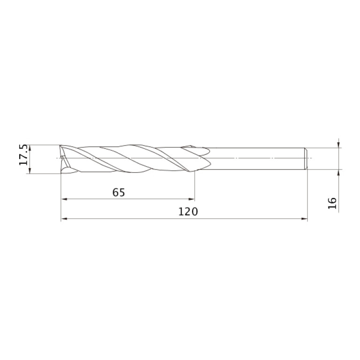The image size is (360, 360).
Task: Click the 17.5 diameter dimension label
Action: click(23, 155)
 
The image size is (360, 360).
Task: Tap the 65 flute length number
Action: click(119, 192)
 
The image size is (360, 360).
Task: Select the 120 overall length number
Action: click(188, 212)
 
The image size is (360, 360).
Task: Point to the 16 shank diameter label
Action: click(332, 203)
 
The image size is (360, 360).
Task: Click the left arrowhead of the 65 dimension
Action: click(64, 199)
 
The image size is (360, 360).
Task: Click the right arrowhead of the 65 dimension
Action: click(191, 199)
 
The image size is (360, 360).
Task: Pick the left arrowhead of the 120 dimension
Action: click(64, 219)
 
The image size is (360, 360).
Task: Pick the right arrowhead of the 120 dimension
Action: click(304, 219)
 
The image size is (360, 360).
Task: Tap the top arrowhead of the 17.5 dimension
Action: click(30, 148)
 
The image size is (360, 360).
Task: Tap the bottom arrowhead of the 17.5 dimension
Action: click(30, 170)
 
